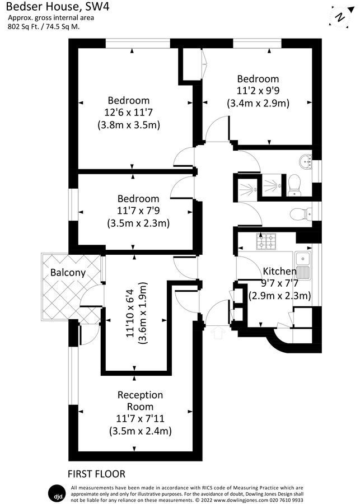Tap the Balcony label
68,273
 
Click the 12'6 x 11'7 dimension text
129,113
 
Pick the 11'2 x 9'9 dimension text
258,91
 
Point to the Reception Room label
140,401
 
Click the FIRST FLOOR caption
97,474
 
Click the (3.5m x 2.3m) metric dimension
138,223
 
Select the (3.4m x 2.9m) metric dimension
258,103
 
